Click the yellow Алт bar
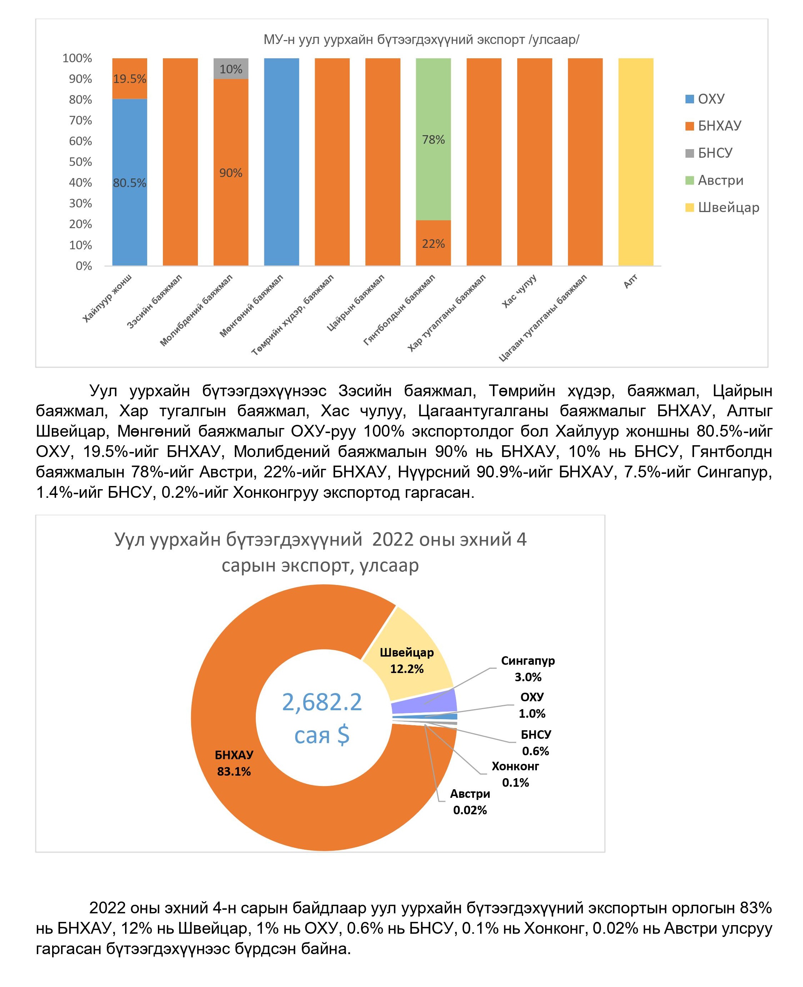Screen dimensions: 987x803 pos(635,162)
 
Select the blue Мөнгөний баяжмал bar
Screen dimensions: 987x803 pos(281,162)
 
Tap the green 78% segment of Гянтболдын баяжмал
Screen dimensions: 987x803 pos(433,139)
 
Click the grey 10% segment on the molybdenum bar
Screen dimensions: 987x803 pos(231,69)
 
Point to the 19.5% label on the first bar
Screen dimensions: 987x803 pos(130,79)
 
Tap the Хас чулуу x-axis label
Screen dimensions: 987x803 pos(519,292)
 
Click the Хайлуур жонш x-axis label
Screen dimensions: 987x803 pos(107,298)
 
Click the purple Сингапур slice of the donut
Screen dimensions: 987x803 pos(424,701)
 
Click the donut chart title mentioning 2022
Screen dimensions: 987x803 pos(320,552)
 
